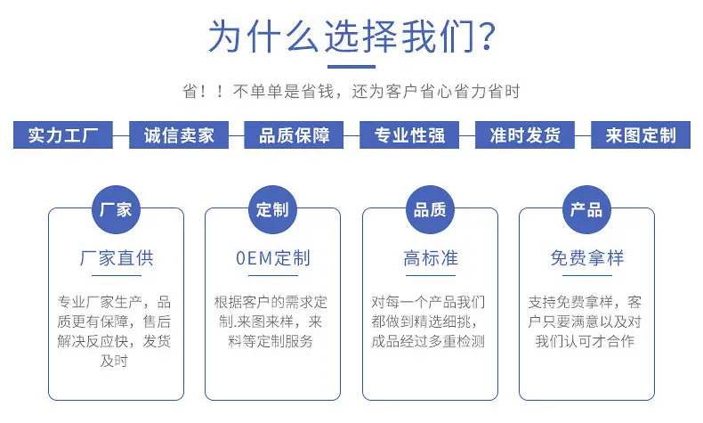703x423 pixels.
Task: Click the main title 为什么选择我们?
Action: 352,36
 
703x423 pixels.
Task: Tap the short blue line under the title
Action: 351,67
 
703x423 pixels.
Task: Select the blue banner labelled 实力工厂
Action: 63,135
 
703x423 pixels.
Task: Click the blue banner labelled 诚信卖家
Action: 179,135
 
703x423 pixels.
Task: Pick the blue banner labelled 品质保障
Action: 294,135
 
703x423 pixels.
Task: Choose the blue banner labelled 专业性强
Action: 409,135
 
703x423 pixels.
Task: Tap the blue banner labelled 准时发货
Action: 525,135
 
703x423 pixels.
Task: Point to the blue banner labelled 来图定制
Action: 641,135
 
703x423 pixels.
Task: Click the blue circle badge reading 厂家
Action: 116,209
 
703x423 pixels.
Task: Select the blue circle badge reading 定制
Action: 272,209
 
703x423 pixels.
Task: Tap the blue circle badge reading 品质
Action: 430,209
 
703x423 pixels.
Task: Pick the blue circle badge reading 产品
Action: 587,209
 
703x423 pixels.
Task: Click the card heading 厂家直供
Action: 117,258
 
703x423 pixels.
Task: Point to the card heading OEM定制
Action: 273,258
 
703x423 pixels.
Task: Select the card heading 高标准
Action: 431,258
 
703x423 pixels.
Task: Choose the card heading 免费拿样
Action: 587,258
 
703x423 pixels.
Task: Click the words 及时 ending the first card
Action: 114,361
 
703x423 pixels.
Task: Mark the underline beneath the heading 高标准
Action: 431,275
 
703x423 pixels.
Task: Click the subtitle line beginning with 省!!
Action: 351,92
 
